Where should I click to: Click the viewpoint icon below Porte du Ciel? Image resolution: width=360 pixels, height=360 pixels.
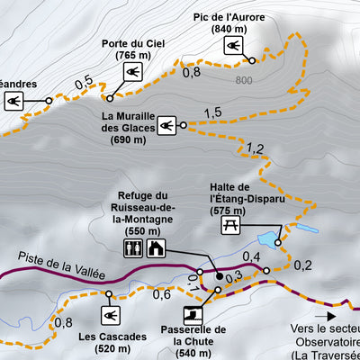(131, 71)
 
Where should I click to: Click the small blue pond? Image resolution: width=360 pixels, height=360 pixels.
(269, 239)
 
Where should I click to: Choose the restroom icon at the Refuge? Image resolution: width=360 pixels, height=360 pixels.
(132, 248)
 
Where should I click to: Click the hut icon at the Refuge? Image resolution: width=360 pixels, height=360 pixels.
(155, 248)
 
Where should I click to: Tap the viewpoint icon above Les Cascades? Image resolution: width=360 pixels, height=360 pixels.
(112, 315)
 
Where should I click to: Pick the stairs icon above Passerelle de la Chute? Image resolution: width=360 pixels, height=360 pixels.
(193, 314)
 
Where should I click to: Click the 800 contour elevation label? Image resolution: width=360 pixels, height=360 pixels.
(243, 81)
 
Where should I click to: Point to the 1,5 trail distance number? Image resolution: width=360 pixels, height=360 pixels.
(212, 112)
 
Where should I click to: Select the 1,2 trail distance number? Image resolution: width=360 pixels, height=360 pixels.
(255, 148)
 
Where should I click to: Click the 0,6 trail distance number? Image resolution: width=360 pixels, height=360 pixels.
(162, 293)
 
